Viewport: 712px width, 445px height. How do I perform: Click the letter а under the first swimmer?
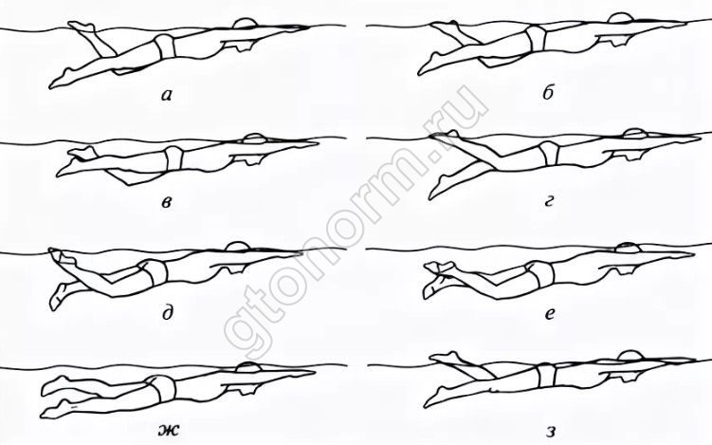coord(167,95)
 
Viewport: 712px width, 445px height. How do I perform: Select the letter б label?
coord(548,93)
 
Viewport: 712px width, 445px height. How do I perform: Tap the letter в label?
coord(167,203)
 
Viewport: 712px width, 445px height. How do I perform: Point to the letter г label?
coord(549,202)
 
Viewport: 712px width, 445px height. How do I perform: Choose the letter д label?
coord(167,313)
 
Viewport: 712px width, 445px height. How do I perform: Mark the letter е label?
coord(550,314)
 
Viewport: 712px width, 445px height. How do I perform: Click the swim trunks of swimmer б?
coord(536,38)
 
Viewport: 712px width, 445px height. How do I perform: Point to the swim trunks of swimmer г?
coord(549,153)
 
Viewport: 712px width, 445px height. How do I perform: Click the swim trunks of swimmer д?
coord(154,271)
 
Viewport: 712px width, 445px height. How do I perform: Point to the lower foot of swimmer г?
coord(437,190)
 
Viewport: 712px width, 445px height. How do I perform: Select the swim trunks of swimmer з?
coord(545,375)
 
